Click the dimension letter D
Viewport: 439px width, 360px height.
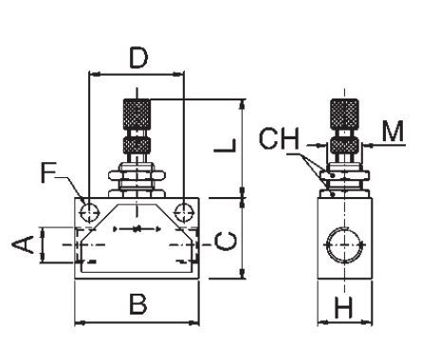138,58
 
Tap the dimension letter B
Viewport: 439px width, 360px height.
138,304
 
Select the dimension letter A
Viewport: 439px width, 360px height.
23,244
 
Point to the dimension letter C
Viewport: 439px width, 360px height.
226,241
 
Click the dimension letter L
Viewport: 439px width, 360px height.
225,146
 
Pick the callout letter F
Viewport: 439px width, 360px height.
48,172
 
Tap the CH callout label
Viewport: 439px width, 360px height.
279,138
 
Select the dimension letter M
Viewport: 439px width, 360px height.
393,131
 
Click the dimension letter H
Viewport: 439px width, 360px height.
343,307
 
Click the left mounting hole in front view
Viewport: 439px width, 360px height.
89,212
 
